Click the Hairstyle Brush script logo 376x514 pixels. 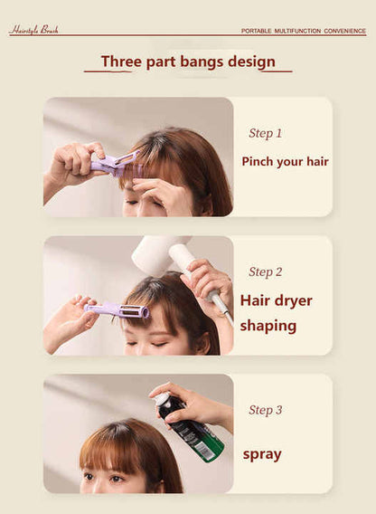click(x=33, y=30)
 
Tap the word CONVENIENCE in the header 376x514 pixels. click(x=344, y=31)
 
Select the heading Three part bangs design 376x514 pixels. click(x=188, y=62)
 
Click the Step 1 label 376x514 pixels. click(x=265, y=133)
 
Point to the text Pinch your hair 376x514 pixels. click(x=285, y=162)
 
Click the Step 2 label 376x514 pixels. click(x=265, y=271)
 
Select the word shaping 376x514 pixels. click(x=268, y=326)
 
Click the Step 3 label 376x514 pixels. click(x=265, y=410)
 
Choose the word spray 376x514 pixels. click(x=262, y=453)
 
